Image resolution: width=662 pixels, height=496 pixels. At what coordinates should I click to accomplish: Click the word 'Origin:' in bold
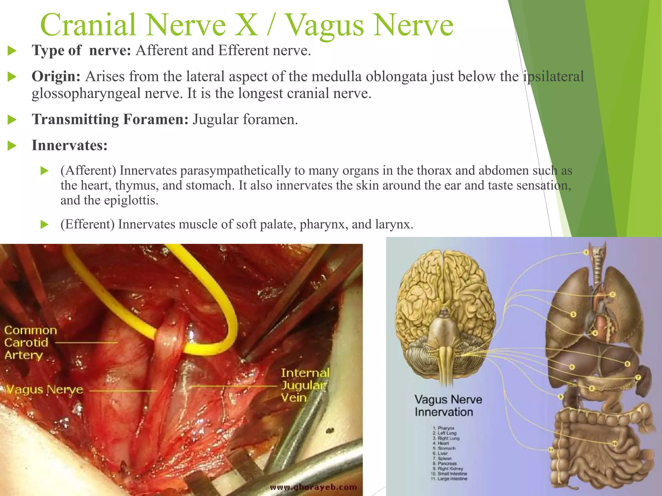56,77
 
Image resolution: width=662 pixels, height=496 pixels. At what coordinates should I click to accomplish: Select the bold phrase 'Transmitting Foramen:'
110,119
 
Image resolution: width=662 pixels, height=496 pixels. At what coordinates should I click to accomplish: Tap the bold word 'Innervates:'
69,145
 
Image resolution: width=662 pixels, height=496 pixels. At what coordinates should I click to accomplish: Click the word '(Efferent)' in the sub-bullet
87,224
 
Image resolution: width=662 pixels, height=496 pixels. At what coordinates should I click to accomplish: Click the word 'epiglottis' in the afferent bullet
131,201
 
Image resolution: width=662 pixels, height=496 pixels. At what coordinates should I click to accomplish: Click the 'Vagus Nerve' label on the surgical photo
45,389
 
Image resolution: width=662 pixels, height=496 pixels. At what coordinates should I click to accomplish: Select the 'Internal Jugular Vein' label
305,385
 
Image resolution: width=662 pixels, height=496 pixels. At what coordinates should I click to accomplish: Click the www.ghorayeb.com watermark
314,487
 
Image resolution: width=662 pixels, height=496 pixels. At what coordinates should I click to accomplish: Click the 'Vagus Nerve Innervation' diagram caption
448,406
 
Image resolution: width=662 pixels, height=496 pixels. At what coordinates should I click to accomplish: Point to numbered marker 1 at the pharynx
586,252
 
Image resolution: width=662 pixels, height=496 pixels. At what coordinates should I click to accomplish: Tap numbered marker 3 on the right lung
573,314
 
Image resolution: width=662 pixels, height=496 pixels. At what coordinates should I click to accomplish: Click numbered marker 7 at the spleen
638,377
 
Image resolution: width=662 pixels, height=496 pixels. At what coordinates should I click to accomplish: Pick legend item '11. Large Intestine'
450,479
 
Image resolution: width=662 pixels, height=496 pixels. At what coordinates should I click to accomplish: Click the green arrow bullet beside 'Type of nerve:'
12,51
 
